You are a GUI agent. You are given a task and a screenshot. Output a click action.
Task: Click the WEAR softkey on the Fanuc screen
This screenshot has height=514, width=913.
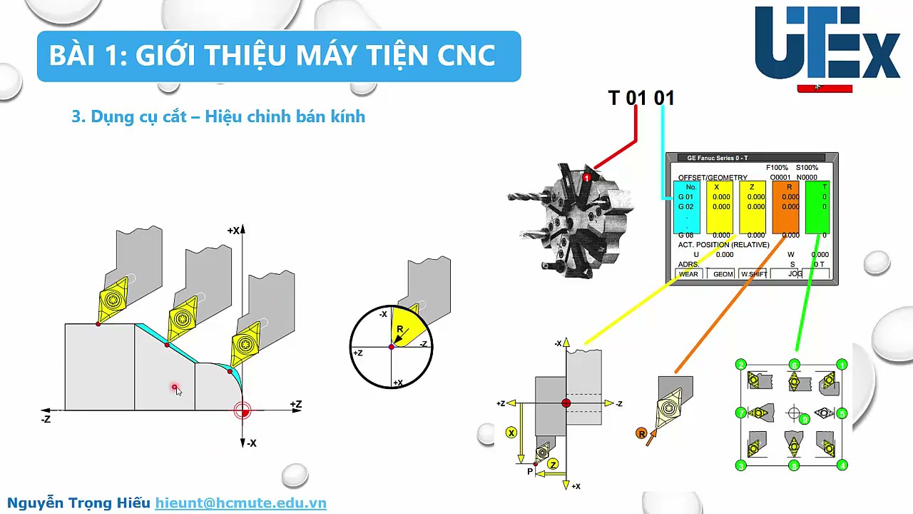click(688, 274)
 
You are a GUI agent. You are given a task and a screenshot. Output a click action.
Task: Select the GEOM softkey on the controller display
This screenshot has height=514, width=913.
click(723, 274)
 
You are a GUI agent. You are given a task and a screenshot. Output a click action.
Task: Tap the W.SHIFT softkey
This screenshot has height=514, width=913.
click(754, 274)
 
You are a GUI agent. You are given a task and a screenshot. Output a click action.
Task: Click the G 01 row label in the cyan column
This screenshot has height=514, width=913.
click(685, 197)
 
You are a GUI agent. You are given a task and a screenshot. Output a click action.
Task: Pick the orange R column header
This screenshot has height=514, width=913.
click(789, 187)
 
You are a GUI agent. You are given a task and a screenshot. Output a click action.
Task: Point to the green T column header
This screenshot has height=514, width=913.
click(825, 187)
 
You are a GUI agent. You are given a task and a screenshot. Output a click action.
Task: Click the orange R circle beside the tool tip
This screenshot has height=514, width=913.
click(641, 433)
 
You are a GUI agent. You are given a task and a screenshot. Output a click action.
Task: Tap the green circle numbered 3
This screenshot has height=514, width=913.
click(740, 465)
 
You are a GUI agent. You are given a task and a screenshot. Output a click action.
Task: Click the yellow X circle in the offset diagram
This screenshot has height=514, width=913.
click(511, 433)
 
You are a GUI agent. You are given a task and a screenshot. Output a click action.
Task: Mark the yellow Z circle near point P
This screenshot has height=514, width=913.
click(553, 464)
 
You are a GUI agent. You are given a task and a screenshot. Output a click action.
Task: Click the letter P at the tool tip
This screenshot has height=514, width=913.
click(530, 472)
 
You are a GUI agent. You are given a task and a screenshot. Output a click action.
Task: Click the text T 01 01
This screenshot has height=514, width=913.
click(641, 98)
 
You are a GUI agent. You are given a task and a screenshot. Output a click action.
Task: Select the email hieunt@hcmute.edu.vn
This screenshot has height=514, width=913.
click(240, 503)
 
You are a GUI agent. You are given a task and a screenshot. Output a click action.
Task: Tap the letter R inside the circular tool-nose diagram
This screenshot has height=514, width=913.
click(400, 329)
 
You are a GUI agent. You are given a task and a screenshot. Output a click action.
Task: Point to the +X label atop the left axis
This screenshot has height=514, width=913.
click(233, 231)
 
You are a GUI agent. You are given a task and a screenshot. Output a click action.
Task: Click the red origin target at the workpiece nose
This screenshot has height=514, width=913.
click(243, 410)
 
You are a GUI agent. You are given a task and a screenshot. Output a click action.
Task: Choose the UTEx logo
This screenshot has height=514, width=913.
click(827, 44)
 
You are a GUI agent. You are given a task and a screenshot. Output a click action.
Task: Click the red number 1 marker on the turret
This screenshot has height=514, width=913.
click(586, 177)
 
